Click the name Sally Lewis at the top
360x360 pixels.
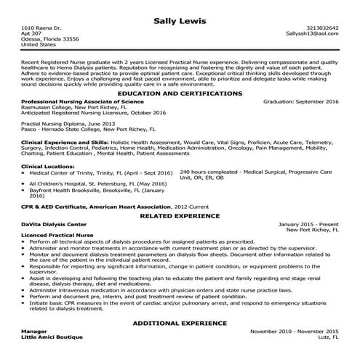tap(180, 15)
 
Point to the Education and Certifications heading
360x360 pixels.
tap(180, 94)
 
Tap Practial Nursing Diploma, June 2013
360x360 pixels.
tap(68, 124)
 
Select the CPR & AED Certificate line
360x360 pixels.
tap(102, 206)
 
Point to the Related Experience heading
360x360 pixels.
tap(180, 215)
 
